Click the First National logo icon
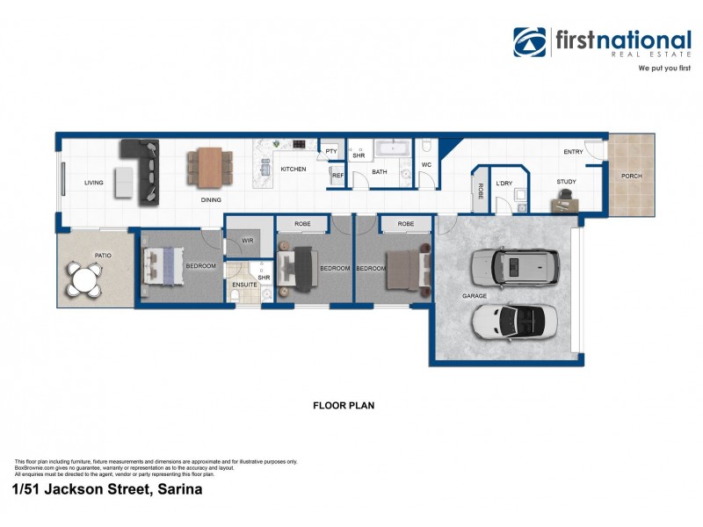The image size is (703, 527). [530, 42]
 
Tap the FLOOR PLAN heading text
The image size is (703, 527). [344, 406]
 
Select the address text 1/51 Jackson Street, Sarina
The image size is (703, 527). [108, 490]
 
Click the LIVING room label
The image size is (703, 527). [94, 184]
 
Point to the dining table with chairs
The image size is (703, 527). [210, 167]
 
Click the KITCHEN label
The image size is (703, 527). [293, 169]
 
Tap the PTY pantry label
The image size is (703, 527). [331, 151]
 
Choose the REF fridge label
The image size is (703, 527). [337, 176]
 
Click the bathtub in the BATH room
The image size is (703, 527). [392, 148]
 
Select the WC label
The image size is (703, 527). [426, 164]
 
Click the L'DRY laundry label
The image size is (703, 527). [504, 184]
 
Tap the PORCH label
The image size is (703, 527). [631, 176]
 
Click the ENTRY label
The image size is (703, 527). [573, 152]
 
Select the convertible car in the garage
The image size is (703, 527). [514, 321]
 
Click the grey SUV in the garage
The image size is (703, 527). [513, 267]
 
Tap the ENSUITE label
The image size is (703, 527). [243, 285]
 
